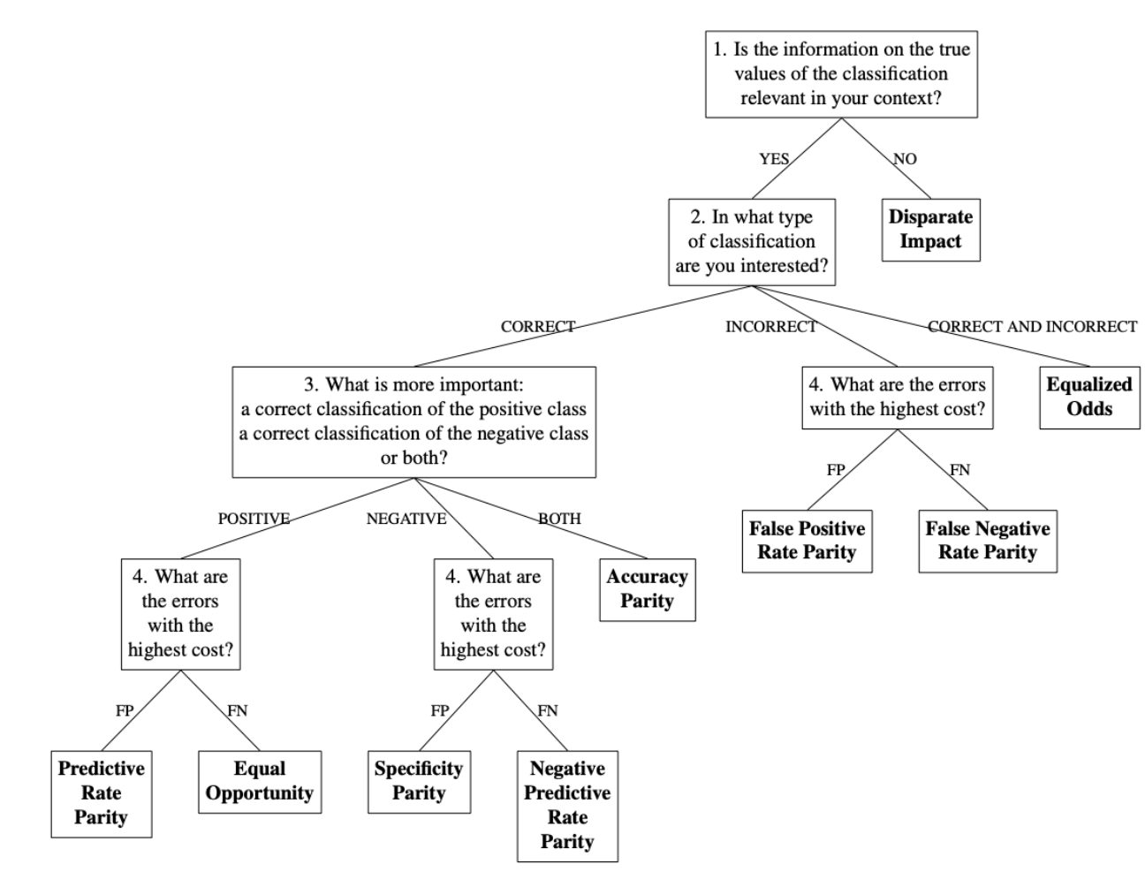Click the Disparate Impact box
click(930, 230)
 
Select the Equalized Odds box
click(1088, 398)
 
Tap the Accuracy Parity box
click(647, 589)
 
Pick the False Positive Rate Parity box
click(807, 541)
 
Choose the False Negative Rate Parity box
click(987, 541)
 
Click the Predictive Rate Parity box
click(101, 793)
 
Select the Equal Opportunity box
click(259, 782)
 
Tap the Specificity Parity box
click(419, 782)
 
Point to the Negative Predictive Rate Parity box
click(567, 806)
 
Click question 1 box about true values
click(841, 74)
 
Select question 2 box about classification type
click(751, 242)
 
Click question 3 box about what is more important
click(413, 421)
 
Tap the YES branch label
click(774, 159)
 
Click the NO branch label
click(905, 159)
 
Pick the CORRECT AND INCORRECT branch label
click(1032, 327)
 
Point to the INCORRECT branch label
click(770, 327)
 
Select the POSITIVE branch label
click(254, 519)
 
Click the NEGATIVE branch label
click(406, 519)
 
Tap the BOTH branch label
click(560, 519)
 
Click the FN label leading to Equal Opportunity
click(238, 710)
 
